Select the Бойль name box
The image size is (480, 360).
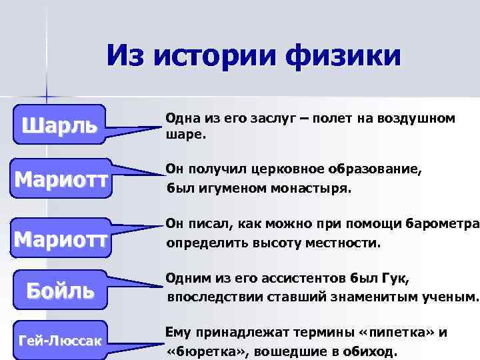60,290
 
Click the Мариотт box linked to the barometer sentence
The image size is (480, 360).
61,238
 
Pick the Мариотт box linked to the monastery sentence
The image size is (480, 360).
61,180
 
